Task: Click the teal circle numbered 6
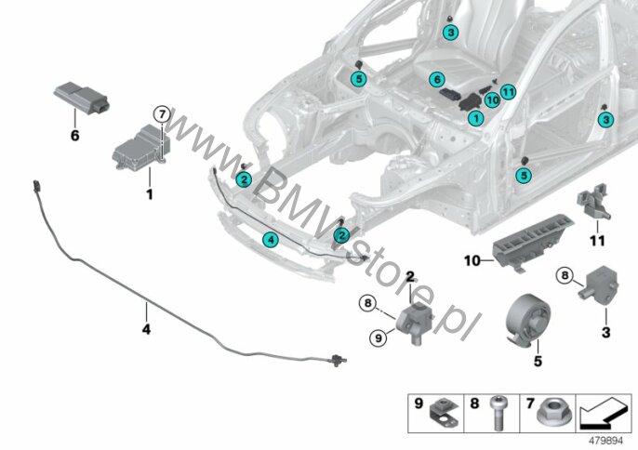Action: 437,79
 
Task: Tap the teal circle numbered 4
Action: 271,240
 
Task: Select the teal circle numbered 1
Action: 475,118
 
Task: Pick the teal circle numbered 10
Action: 492,99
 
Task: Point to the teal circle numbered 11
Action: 508,92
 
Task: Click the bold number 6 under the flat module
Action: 74,136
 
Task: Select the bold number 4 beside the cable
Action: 146,329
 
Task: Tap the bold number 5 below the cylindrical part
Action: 538,361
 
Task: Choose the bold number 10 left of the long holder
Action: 472,260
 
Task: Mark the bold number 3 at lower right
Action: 605,333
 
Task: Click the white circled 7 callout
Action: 162,114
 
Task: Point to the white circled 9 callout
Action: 379,337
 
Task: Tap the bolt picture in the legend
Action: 498,413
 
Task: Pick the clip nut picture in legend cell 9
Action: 445,414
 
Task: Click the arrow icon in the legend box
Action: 604,414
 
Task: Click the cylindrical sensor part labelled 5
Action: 527,320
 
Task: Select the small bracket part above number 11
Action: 593,202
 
